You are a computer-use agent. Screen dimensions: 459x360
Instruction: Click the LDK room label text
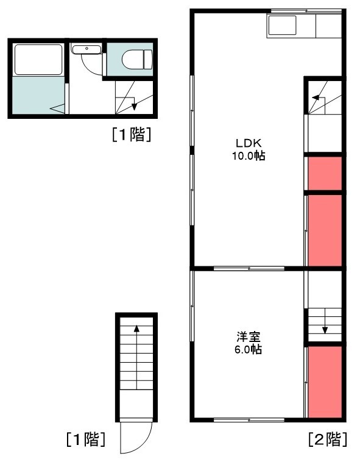(249, 143)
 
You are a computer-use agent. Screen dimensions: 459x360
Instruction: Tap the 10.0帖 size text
(249, 155)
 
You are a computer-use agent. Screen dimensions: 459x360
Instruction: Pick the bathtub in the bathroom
(38, 60)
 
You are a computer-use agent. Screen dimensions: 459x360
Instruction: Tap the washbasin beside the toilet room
(86, 49)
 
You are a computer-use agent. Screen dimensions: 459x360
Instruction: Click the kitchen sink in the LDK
(282, 26)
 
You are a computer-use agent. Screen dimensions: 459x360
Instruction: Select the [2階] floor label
(328, 439)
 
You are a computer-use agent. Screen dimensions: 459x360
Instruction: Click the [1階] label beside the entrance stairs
(86, 439)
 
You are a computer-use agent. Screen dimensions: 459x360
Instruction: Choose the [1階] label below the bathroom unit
(131, 135)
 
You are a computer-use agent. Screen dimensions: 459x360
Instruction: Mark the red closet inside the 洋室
(325, 380)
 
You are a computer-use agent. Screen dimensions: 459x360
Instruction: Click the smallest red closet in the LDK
(325, 174)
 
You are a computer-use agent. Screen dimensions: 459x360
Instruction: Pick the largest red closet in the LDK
(325, 230)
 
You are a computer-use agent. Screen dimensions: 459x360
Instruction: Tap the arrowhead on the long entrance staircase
(136, 329)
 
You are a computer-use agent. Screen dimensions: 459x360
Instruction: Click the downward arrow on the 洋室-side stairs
(325, 330)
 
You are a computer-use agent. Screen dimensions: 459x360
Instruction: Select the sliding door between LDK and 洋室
(249, 268)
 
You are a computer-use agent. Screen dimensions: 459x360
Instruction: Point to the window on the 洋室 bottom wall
(249, 419)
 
